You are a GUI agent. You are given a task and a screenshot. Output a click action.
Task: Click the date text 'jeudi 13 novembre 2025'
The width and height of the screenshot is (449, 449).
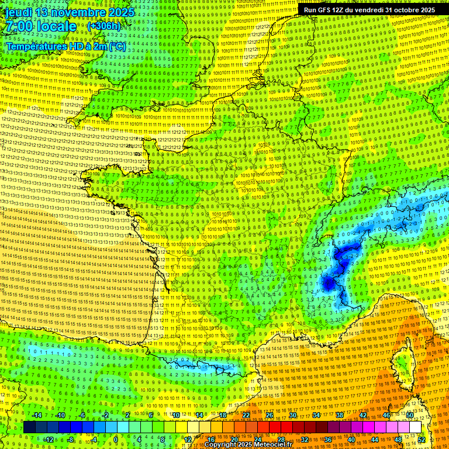[69, 12]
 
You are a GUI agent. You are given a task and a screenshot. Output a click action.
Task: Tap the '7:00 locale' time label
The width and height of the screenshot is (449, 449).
[41, 26]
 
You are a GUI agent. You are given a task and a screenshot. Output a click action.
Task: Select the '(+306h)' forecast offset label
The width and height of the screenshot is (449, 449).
[103, 26]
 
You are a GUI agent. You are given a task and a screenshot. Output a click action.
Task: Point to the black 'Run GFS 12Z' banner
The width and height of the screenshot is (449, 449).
[369, 10]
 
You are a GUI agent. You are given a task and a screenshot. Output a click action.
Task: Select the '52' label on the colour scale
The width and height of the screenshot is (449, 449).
[422, 439]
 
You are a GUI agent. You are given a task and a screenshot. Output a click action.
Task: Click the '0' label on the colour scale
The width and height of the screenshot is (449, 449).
[116, 439]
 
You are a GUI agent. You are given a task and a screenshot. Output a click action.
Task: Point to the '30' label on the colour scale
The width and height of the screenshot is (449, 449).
[292, 415]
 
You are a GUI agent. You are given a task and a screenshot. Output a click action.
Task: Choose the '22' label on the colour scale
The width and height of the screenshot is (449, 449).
[246, 415]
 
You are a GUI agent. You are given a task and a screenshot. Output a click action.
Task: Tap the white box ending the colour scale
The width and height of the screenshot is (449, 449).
[415, 427]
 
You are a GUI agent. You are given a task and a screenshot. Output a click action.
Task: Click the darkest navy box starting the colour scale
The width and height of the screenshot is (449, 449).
[29, 427]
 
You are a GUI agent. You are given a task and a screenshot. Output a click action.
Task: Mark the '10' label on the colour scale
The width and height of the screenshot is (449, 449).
[176, 415]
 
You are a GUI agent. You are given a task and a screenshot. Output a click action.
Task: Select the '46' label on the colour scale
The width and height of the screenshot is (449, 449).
[386, 415]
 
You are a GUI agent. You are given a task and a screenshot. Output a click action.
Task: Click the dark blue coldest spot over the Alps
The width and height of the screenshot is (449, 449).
[327, 283]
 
